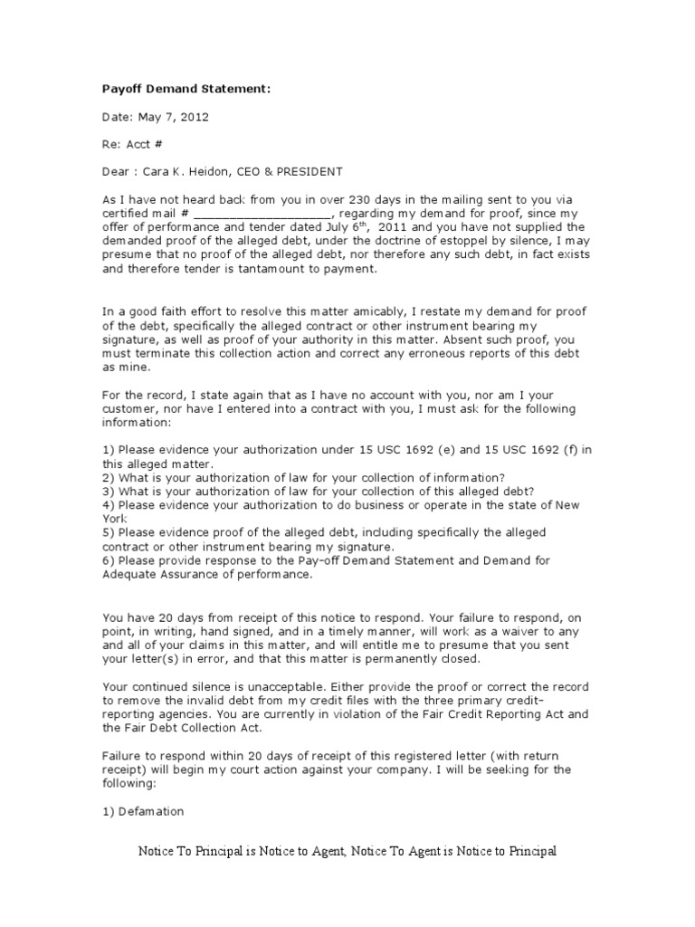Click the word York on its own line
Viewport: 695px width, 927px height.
point(115,518)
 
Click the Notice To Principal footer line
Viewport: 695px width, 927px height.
point(347,852)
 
